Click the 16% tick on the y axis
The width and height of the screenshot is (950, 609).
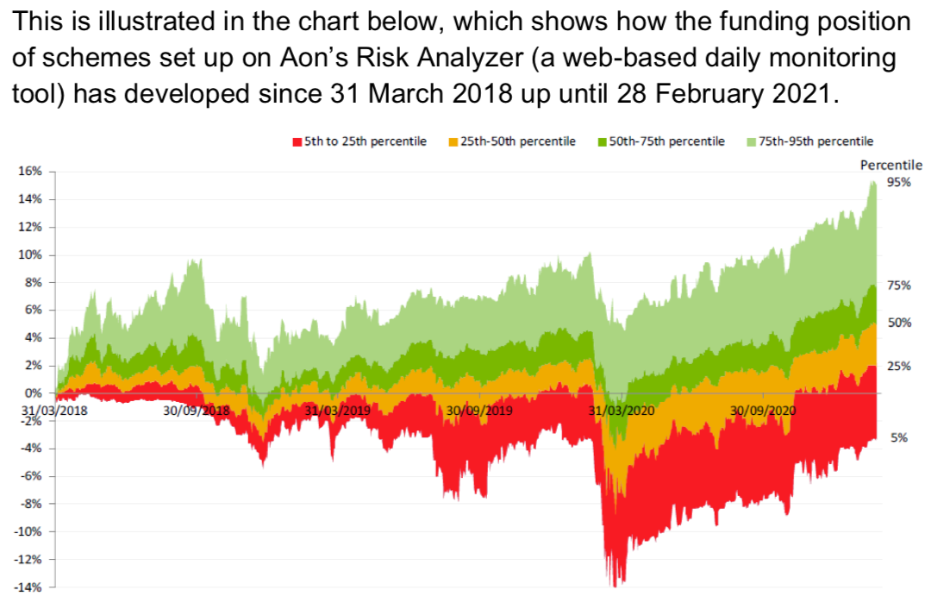pyautogui.click(x=30, y=172)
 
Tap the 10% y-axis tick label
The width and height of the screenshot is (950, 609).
pyautogui.click(x=30, y=254)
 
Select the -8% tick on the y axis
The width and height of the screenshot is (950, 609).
pyautogui.click(x=31, y=504)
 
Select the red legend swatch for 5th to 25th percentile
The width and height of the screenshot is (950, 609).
pyautogui.click(x=297, y=141)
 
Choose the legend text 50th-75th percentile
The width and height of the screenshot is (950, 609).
pyautogui.click(x=666, y=141)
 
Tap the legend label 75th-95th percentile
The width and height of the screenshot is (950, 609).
pyautogui.click(x=816, y=141)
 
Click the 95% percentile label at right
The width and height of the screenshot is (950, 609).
pyautogui.click(x=900, y=182)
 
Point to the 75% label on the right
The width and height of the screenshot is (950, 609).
pyautogui.click(x=900, y=286)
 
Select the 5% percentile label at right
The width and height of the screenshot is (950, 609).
pyautogui.click(x=899, y=438)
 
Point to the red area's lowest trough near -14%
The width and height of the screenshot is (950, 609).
pyautogui.click(x=615, y=586)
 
